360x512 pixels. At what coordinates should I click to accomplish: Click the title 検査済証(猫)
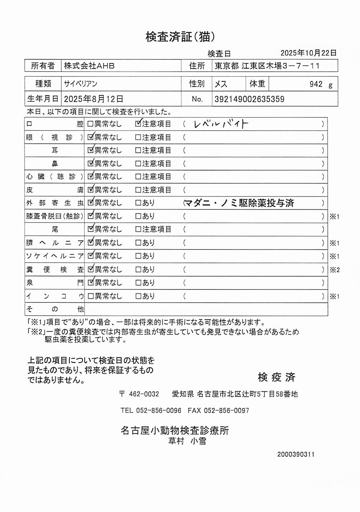point(180,37)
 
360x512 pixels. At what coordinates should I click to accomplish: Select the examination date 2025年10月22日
point(308,53)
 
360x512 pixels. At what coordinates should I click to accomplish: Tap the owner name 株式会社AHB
point(89,66)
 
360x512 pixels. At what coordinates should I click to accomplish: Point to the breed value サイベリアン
point(81,84)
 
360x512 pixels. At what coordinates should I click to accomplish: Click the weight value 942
point(316,84)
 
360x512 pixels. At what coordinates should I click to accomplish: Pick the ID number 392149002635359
point(249,99)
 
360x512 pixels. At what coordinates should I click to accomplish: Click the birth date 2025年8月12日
point(93,99)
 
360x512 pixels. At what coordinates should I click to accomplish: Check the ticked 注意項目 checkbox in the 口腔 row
point(138,124)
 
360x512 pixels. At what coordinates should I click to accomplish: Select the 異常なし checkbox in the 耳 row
point(90,150)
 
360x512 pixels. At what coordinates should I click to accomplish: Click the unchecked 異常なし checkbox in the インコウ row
point(90,296)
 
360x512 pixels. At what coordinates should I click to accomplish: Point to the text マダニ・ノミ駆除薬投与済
point(239,203)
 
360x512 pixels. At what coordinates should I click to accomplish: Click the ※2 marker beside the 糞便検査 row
point(335,270)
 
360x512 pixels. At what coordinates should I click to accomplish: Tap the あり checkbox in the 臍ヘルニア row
point(138,243)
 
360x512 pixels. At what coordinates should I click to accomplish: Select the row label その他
point(55,309)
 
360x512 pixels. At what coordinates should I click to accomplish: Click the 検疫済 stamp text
point(276,377)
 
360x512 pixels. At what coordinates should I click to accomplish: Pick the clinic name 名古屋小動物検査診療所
point(175,430)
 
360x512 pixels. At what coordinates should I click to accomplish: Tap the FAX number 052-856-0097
point(226,410)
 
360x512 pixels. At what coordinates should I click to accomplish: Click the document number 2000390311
point(296,454)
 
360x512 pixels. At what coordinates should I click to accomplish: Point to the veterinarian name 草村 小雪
point(187,441)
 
